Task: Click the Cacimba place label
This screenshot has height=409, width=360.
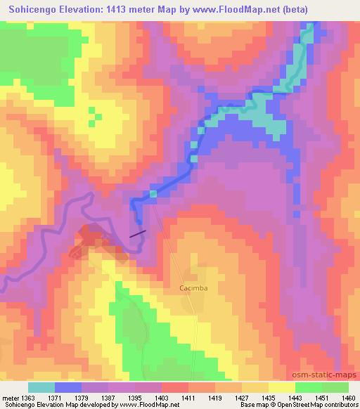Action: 192,288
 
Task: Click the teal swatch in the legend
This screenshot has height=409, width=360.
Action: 41,388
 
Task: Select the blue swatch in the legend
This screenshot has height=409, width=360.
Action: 68,388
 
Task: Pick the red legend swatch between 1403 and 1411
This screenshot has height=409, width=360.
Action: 174,388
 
